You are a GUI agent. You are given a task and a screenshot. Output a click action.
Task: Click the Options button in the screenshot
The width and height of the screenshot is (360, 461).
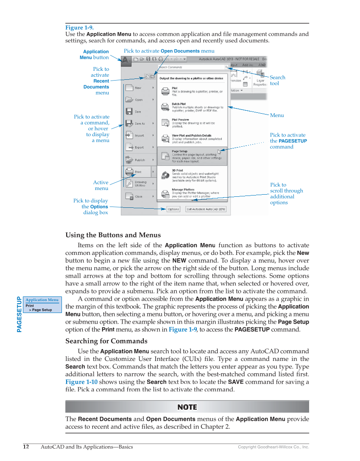[x=173, y=209]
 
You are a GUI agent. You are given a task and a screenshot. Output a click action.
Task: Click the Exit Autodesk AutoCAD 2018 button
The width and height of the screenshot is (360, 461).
[x=206, y=209]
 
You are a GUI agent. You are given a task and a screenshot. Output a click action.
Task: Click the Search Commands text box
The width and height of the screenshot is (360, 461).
[x=191, y=67]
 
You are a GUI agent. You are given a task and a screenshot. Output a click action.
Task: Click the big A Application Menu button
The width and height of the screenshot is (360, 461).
[x=126, y=61]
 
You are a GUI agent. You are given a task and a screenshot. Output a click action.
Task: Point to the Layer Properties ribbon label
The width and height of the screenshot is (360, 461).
[x=260, y=82]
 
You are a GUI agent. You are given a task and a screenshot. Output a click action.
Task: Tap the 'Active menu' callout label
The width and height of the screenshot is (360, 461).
[x=101, y=185]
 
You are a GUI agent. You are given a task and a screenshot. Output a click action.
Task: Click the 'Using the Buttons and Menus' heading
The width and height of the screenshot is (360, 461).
[x=113, y=235]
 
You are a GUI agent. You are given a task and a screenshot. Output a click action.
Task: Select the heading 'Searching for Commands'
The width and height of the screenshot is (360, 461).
[x=106, y=341]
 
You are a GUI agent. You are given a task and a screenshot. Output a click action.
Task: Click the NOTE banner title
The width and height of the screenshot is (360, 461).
[x=187, y=407]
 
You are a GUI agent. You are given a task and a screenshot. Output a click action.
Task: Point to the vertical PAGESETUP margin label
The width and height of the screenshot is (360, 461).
[x=19, y=314]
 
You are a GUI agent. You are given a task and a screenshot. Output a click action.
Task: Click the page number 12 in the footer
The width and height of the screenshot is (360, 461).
[x=26, y=447]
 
